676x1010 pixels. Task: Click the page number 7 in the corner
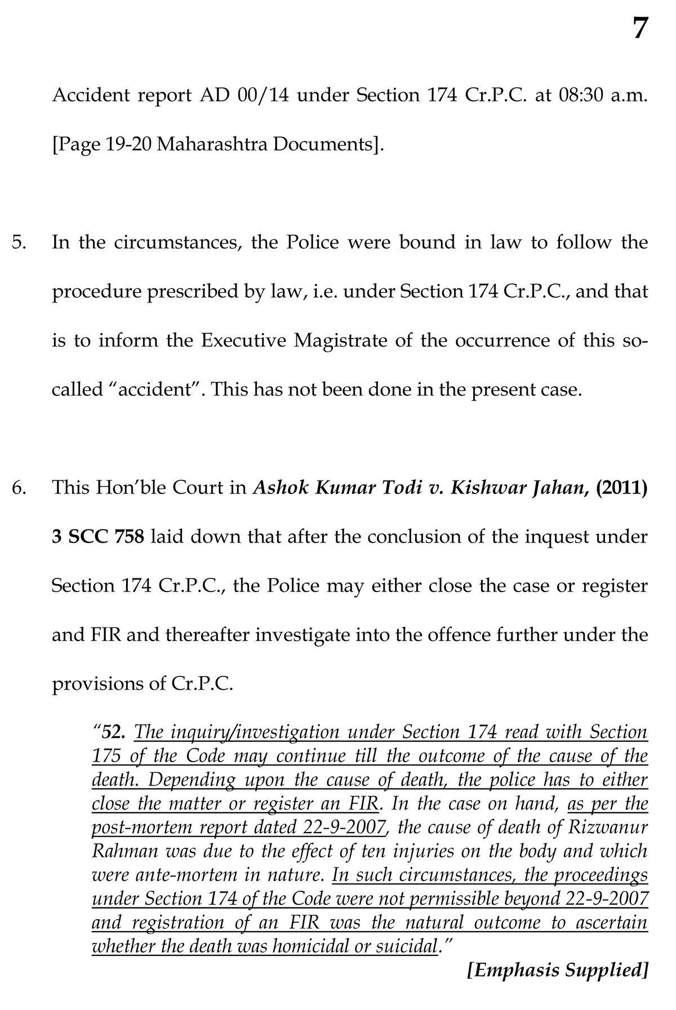639,28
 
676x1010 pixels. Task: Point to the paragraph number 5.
19,243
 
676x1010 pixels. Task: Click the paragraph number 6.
19,488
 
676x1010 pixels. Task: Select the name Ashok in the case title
280,488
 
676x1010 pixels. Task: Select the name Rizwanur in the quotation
611,828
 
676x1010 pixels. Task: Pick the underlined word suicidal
409,946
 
